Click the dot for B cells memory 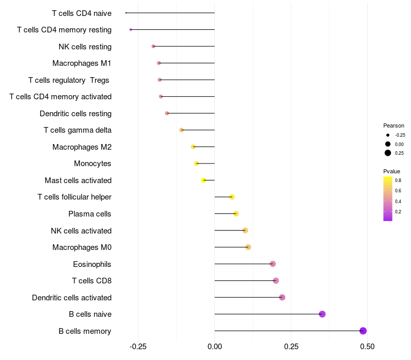tap(363, 331)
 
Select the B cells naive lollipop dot tap(322, 314)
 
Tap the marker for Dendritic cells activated tap(282, 297)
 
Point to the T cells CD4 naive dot tap(126, 13)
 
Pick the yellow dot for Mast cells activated tap(203, 180)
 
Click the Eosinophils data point tap(273, 264)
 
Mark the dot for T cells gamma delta tap(181, 130)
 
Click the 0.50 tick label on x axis tap(367, 347)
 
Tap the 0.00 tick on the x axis tap(215, 347)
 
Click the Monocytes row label tap(92, 164)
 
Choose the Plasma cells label tap(90, 214)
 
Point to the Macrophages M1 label tap(82, 63)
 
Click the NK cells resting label tap(85, 47)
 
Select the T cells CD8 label tap(91, 281)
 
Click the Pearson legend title tap(394, 125)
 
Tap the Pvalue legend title tap(391, 171)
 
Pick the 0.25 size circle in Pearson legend tap(388, 153)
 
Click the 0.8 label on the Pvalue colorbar tap(398, 181)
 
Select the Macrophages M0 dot tap(248, 247)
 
